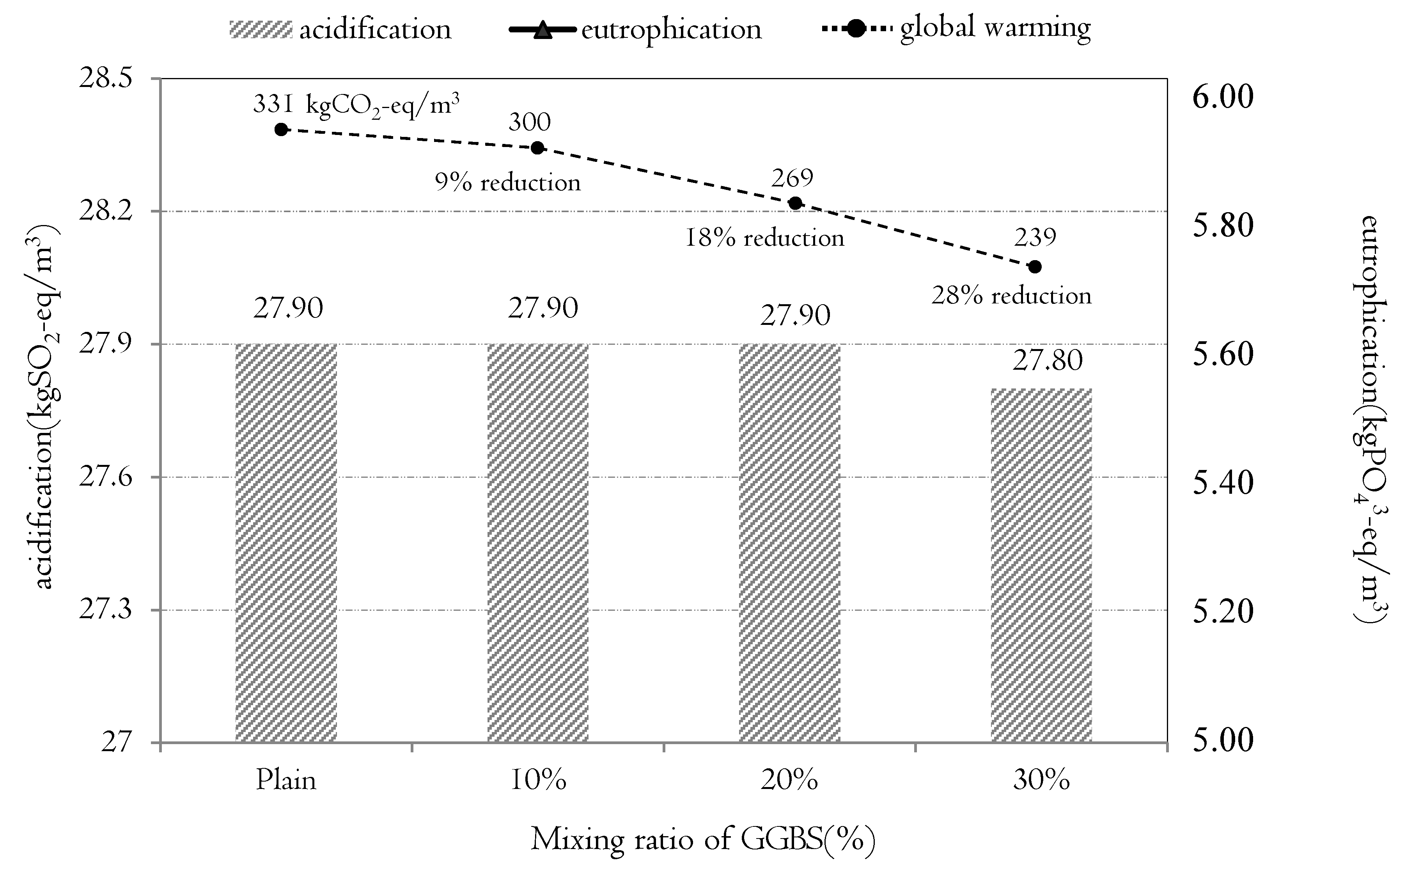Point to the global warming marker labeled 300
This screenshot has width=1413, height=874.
point(537,148)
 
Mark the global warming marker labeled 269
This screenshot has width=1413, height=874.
point(795,203)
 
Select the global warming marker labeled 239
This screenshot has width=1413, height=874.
point(1035,266)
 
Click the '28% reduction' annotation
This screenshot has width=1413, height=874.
point(1011,296)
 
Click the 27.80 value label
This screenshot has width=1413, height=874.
point(1047,361)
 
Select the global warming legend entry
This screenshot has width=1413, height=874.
point(956,28)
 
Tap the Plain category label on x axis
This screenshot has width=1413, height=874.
point(286,781)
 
